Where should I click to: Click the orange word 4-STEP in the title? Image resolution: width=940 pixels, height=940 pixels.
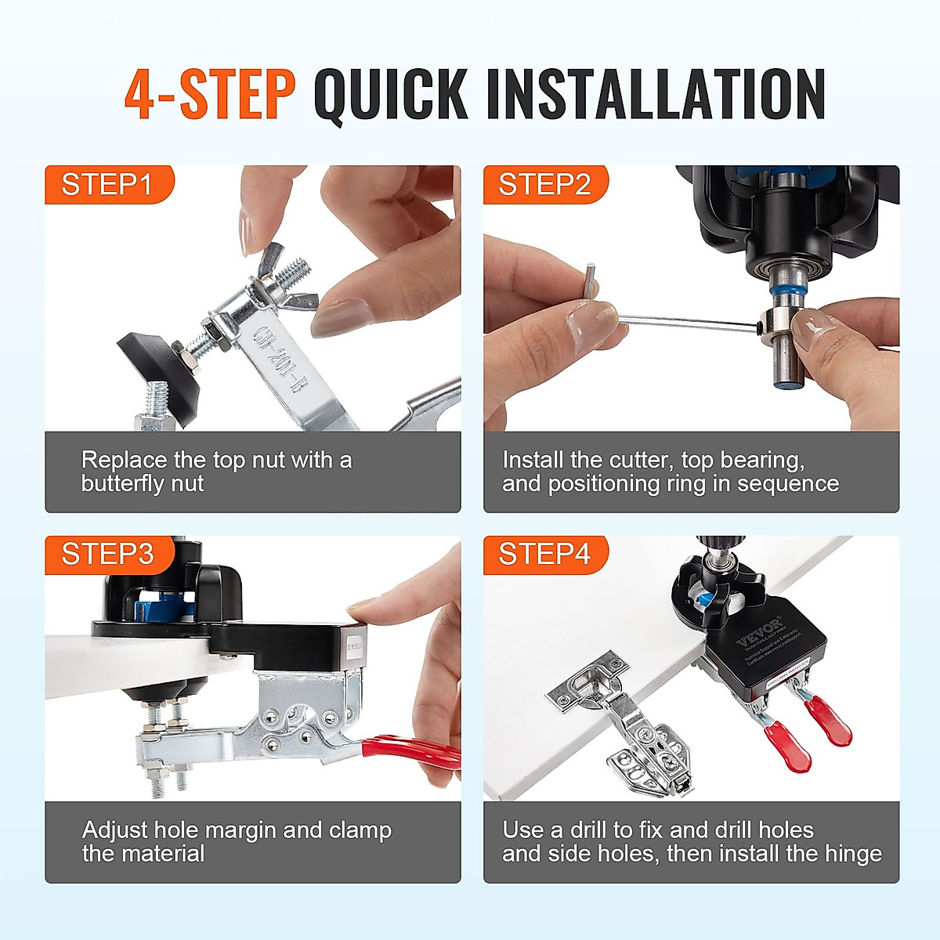(209, 95)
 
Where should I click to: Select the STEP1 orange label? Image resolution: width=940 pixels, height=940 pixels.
(107, 185)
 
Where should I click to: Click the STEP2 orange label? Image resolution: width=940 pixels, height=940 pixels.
(544, 185)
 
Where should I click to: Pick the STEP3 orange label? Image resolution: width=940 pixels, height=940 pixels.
(107, 555)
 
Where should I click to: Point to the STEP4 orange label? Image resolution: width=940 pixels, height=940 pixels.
(544, 555)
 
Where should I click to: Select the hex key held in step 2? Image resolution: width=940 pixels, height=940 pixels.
(681, 320)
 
